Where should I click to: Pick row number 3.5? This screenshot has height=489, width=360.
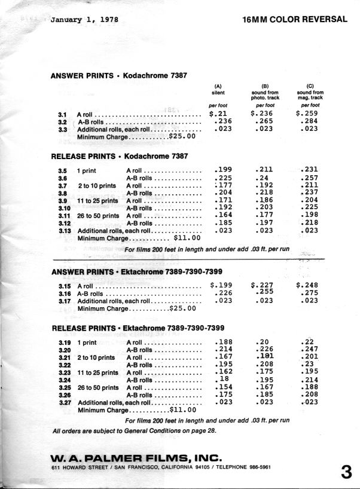62,169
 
